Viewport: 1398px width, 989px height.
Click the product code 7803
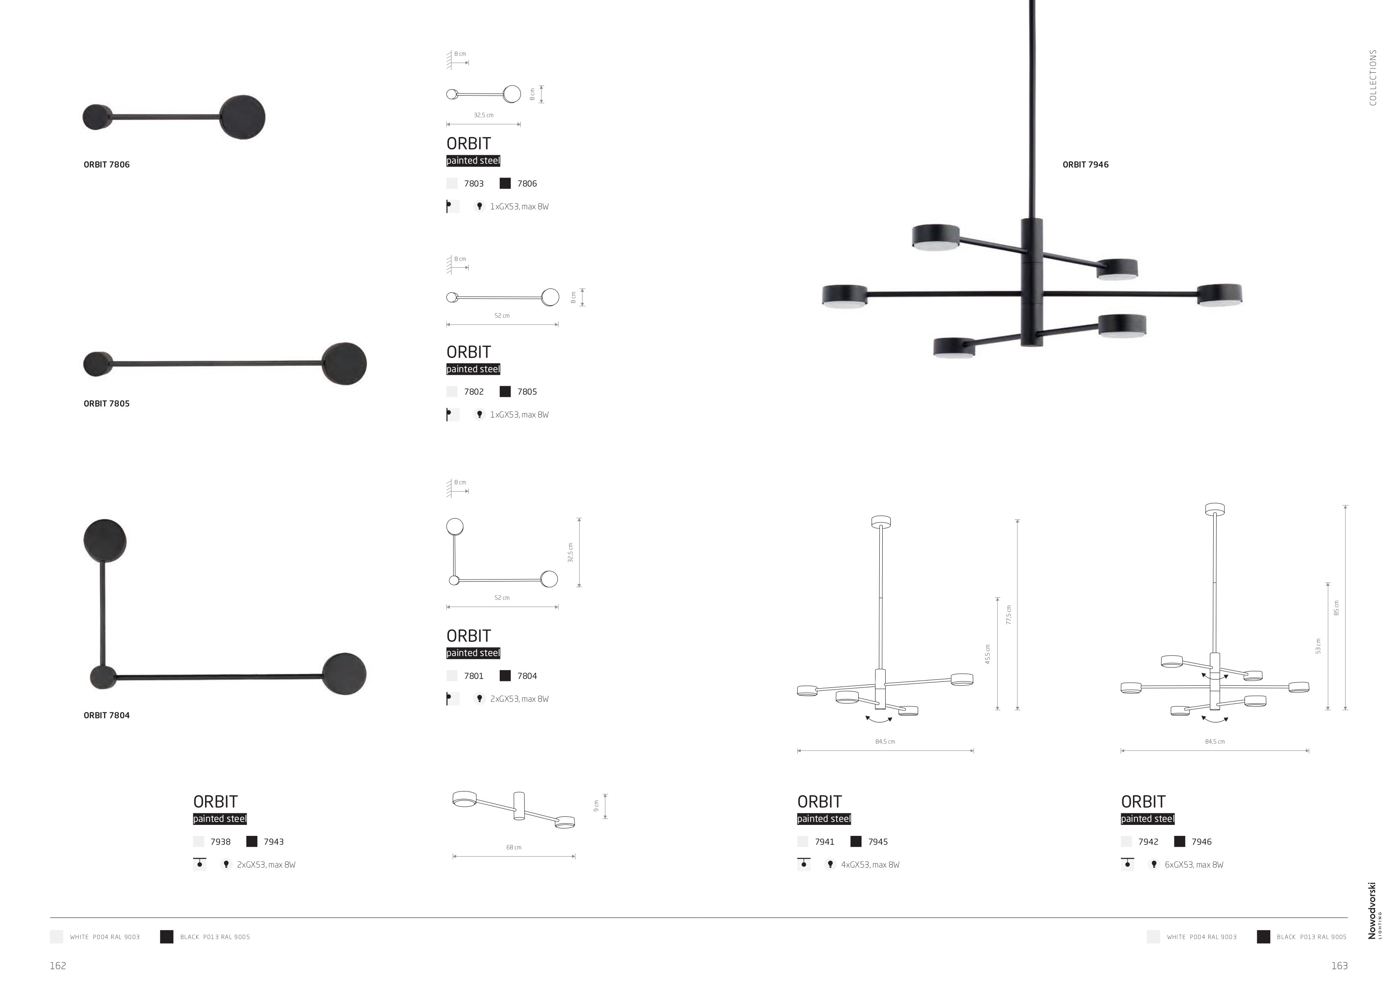474,184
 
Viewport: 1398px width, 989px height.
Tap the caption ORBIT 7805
107,404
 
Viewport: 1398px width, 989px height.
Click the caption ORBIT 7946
1086,165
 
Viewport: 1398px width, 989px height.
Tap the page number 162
58,966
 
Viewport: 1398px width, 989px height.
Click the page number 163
1340,966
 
